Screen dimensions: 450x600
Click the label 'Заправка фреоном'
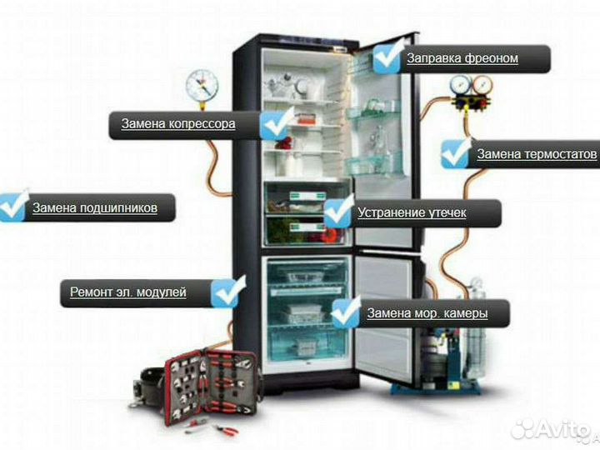click(x=462, y=58)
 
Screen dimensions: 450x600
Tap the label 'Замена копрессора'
click(x=178, y=124)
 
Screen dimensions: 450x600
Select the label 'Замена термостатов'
click(x=537, y=154)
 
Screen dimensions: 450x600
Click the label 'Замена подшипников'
click(x=95, y=207)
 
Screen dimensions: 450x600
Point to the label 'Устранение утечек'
click(x=412, y=212)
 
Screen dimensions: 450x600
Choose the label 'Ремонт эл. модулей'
click(x=127, y=292)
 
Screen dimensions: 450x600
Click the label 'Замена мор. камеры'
click(x=427, y=314)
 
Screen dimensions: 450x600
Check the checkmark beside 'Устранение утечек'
click(x=337, y=211)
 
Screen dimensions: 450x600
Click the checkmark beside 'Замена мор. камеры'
click(x=346, y=312)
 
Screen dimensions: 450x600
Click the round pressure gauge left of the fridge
click(x=202, y=83)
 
